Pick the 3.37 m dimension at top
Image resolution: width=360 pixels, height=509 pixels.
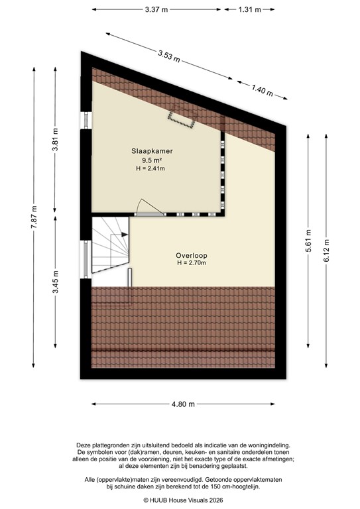pyautogui.click(x=156, y=9)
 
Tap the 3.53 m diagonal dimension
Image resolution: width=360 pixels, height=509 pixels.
pyautogui.click(x=168, y=55)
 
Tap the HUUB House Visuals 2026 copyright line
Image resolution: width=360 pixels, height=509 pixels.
pyautogui.click(x=180, y=501)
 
